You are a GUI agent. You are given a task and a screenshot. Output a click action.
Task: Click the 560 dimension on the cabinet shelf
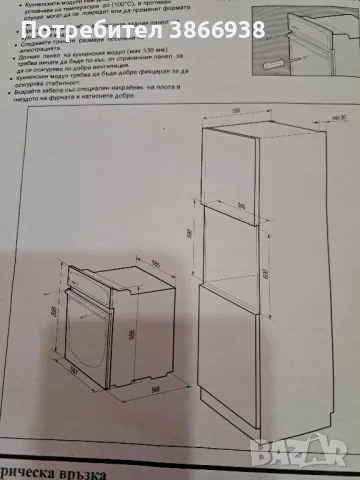pyautogui.click(x=243, y=208)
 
